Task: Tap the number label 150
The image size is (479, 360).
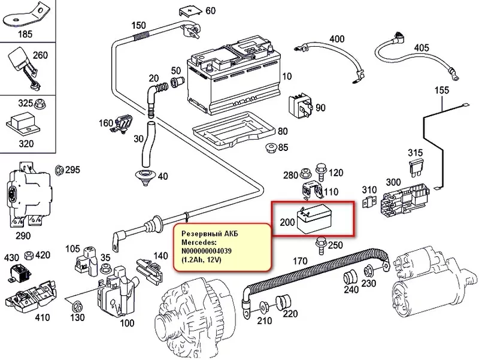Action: tap(138, 25)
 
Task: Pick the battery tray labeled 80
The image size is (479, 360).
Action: tap(231, 132)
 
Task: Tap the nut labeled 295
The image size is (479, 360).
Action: tap(59, 170)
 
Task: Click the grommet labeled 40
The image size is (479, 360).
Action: tap(145, 176)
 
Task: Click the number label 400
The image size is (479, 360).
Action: tap(337, 40)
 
